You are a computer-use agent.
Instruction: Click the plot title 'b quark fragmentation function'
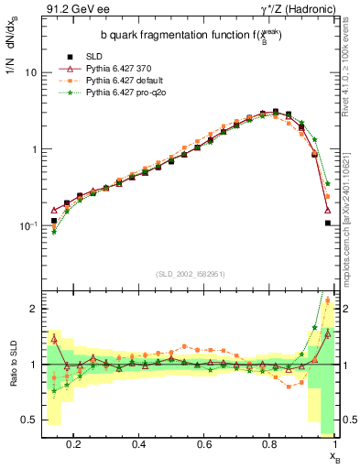tap(179, 37)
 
